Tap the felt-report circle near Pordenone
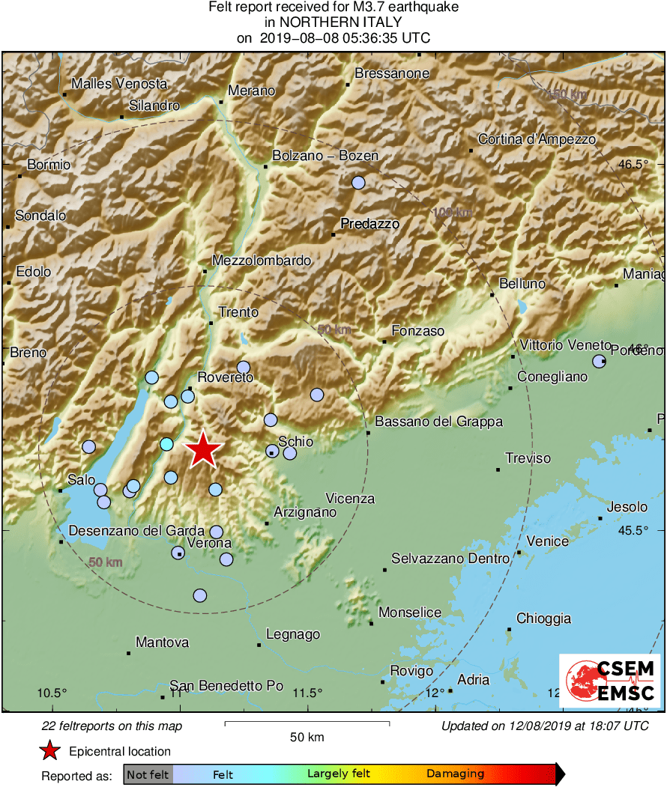599,361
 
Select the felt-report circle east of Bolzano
358,183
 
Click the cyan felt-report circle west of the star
166,444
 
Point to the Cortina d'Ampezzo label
537,139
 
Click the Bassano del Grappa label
438,422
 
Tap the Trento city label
238,312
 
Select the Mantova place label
162,642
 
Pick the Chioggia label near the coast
543,619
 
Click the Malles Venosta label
119,84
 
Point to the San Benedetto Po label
226,685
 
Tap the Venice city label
547,541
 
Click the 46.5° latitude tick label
646,165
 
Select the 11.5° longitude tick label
308,693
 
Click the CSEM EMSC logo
609,680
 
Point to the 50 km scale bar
307,723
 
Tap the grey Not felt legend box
148,774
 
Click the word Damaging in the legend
455,774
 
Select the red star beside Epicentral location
49,751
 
